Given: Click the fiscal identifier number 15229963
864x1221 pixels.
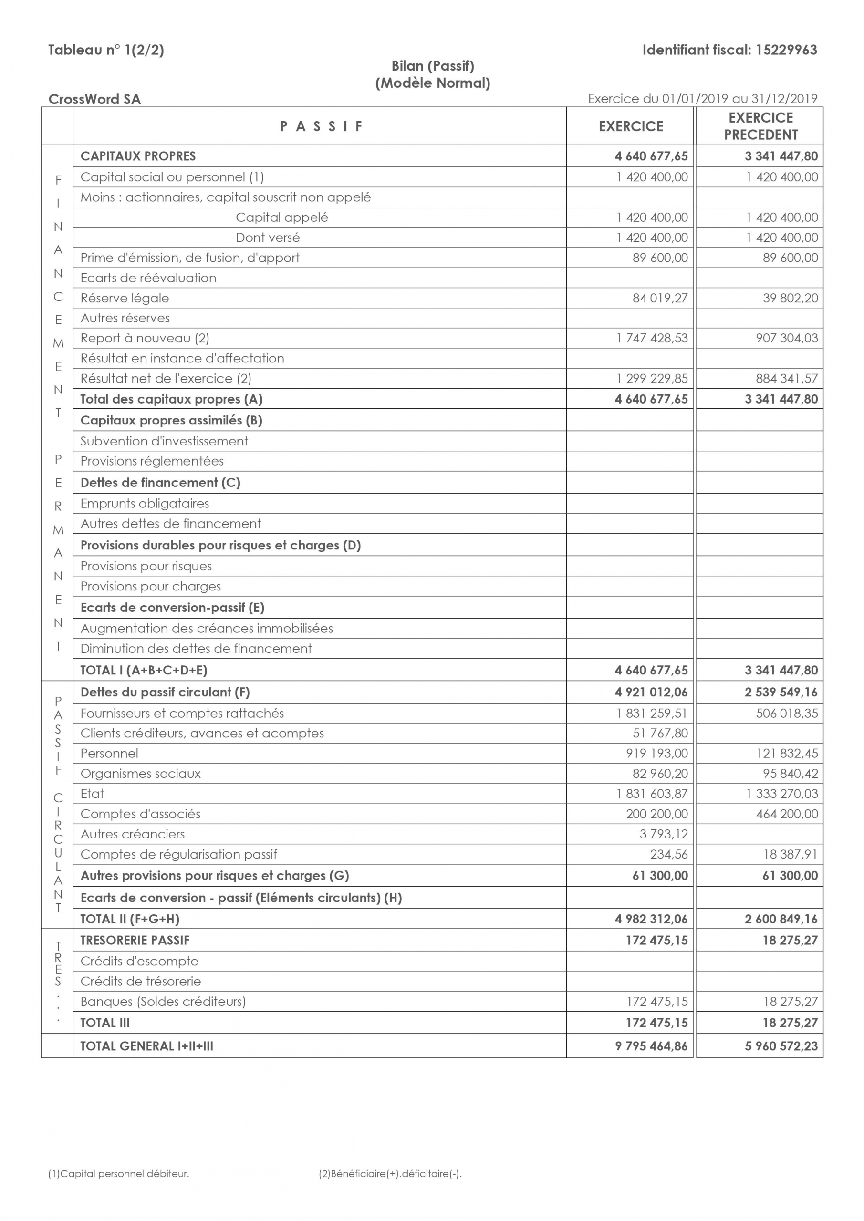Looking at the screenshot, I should pyautogui.click(x=786, y=50).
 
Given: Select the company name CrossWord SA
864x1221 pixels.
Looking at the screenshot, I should pyautogui.click(x=94, y=100).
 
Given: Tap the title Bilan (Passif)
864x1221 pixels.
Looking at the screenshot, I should pyautogui.click(x=433, y=66).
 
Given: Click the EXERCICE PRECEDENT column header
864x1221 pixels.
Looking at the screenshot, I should pyautogui.click(x=760, y=126).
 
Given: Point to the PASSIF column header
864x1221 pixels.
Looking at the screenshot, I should pyautogui.click(x=322, y=126).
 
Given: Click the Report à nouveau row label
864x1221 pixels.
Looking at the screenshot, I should pyautogui.click(x=145, y=338).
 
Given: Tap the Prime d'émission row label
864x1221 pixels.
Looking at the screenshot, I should pyautogui.click(x=190, y=258).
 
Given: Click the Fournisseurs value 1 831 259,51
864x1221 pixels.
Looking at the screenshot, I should pyautogui.click(x=652, y=713).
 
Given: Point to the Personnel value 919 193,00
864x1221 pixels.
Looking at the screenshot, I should pyautogui.click(x=656, y=754).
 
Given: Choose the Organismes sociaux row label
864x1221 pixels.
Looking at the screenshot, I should pyautogui.click(x=140, y=774).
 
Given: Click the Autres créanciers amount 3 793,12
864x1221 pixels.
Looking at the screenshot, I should pyautogui.click(x=664, y=834).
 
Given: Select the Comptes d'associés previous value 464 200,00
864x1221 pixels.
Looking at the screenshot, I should pyautogui.click(x=787, y=814).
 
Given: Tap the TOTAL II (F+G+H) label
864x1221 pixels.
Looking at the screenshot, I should pyautogui.click(x=130, y=920).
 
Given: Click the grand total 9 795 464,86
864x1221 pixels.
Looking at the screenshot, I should pyautogui.click(x=651, y=1046).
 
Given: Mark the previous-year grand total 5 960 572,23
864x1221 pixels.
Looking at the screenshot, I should pyautogui.click(x=781, y=1046).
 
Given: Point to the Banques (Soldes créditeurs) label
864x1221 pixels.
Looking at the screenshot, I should pyautogui.click(x=163, y=1002).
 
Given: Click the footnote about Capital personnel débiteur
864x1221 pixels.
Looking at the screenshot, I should pyautogui.click(x=119, y=1174).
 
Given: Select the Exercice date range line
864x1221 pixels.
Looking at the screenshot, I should pyautogui.click(x=702, y=99).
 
